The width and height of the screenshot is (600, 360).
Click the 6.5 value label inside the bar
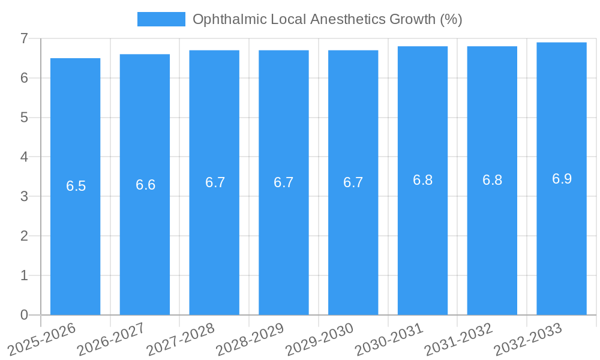[76, 186]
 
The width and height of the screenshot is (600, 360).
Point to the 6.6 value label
[146, 185]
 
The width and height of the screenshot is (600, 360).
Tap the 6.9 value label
[562, 179]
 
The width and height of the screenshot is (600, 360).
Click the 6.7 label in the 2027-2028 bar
[215, 182]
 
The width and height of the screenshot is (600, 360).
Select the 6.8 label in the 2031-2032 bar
[493, 180]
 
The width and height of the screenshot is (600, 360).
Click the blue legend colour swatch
[161, 19]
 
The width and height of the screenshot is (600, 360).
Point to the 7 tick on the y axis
[25, 38]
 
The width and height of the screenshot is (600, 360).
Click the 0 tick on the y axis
[25, 315]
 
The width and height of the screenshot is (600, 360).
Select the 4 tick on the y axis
[25, 157]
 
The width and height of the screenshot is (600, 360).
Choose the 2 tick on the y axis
[25, 236]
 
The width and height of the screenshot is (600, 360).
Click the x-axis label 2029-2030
[320, 340]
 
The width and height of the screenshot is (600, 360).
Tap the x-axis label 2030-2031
[389, 340]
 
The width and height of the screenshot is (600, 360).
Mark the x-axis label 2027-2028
[181, 340]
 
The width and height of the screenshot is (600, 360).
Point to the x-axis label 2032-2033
[528, 340]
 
